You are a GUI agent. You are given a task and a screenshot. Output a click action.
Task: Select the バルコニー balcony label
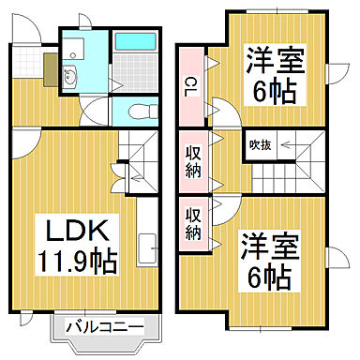click(x=106, y=327)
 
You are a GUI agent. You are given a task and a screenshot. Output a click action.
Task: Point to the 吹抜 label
click(x=260, y=145)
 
